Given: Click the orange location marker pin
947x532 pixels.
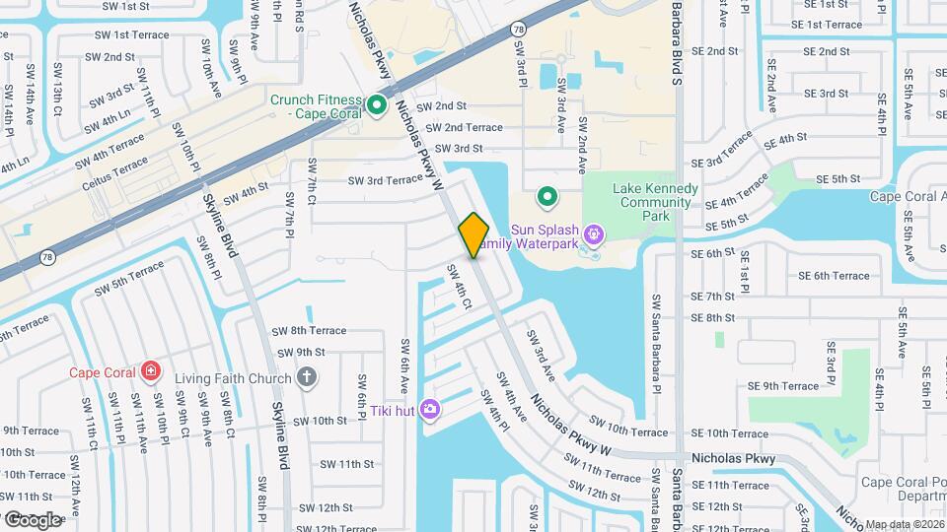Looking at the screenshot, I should tap(473, 234).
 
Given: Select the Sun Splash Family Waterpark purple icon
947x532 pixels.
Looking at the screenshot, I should tap(593, 234).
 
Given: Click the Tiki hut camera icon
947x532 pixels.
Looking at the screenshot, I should tap(430, 409).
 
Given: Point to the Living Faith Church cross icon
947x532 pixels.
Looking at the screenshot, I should tap(307, 377).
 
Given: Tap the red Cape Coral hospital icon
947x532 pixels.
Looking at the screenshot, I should tap(150, 371).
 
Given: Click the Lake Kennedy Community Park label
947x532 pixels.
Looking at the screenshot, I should tap(641, 202).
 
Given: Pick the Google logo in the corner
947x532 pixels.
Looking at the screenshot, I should tap(32, 519).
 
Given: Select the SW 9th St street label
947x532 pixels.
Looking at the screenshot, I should tap(301, 352).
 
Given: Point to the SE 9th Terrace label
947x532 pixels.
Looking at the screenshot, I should tap(783, 386).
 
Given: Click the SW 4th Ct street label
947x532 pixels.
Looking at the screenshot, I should tap(459, 287).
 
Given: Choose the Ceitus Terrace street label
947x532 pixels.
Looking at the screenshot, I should tap(117, 168).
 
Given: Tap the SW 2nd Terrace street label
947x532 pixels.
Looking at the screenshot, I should tap(459, 127).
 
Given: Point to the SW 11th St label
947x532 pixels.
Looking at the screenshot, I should tap(341, 463).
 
